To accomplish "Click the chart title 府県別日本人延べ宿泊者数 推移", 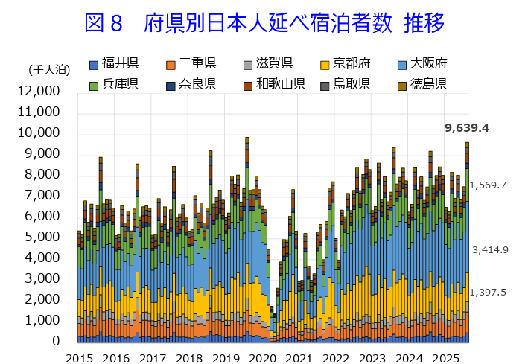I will point(264,24).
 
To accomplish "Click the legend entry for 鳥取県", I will point(352,83).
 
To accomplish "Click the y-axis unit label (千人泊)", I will point(49,70).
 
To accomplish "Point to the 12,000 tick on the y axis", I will point(38,91).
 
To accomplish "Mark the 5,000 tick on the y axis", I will point(42,237).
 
